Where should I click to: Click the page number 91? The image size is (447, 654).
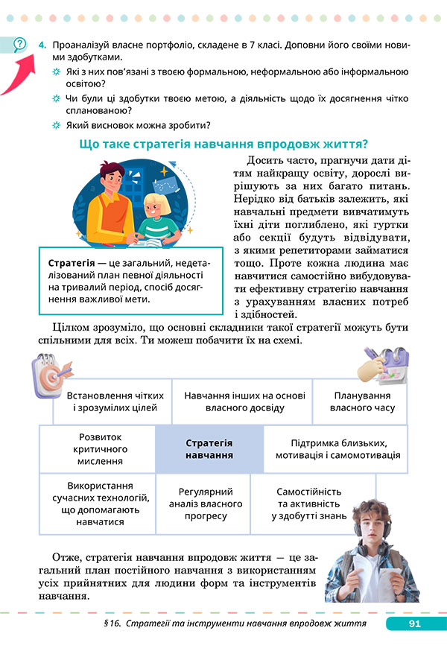click(412, 623)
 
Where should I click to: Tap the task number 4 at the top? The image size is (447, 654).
click(44, 45)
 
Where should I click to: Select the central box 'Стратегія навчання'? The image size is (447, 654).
click(209, 448)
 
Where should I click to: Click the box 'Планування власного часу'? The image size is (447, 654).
click(364, 401)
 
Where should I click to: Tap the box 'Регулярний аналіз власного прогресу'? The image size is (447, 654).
click(206, 504)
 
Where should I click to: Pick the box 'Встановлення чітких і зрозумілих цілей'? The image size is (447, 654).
click(112, 401)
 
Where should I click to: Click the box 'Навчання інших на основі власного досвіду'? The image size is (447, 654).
click(241, 401)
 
